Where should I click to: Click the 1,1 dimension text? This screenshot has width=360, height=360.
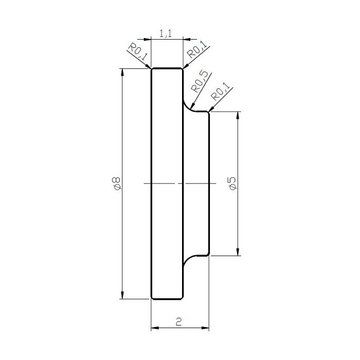click(166, 34)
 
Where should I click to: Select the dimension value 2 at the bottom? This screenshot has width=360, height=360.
click(178, 322)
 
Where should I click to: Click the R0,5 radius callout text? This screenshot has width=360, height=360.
click(200, 81)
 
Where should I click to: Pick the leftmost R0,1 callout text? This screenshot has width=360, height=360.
click(137, 53)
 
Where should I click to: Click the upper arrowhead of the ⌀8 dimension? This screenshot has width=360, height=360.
click(122, 72)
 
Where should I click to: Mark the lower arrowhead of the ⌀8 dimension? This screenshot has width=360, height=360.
click(122, 295)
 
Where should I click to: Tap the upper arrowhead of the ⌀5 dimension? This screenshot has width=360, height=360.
click(237, 116)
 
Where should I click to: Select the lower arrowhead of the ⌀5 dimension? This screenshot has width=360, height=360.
click(237, 251)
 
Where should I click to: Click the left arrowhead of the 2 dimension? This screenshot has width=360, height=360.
click(154, 328)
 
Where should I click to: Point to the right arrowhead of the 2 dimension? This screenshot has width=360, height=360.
click(206, 328)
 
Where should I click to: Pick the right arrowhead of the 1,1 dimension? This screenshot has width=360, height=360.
click(187, 39)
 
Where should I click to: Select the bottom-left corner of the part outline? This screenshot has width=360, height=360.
click(152, 298)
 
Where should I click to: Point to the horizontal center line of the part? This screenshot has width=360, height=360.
click(165, 183)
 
